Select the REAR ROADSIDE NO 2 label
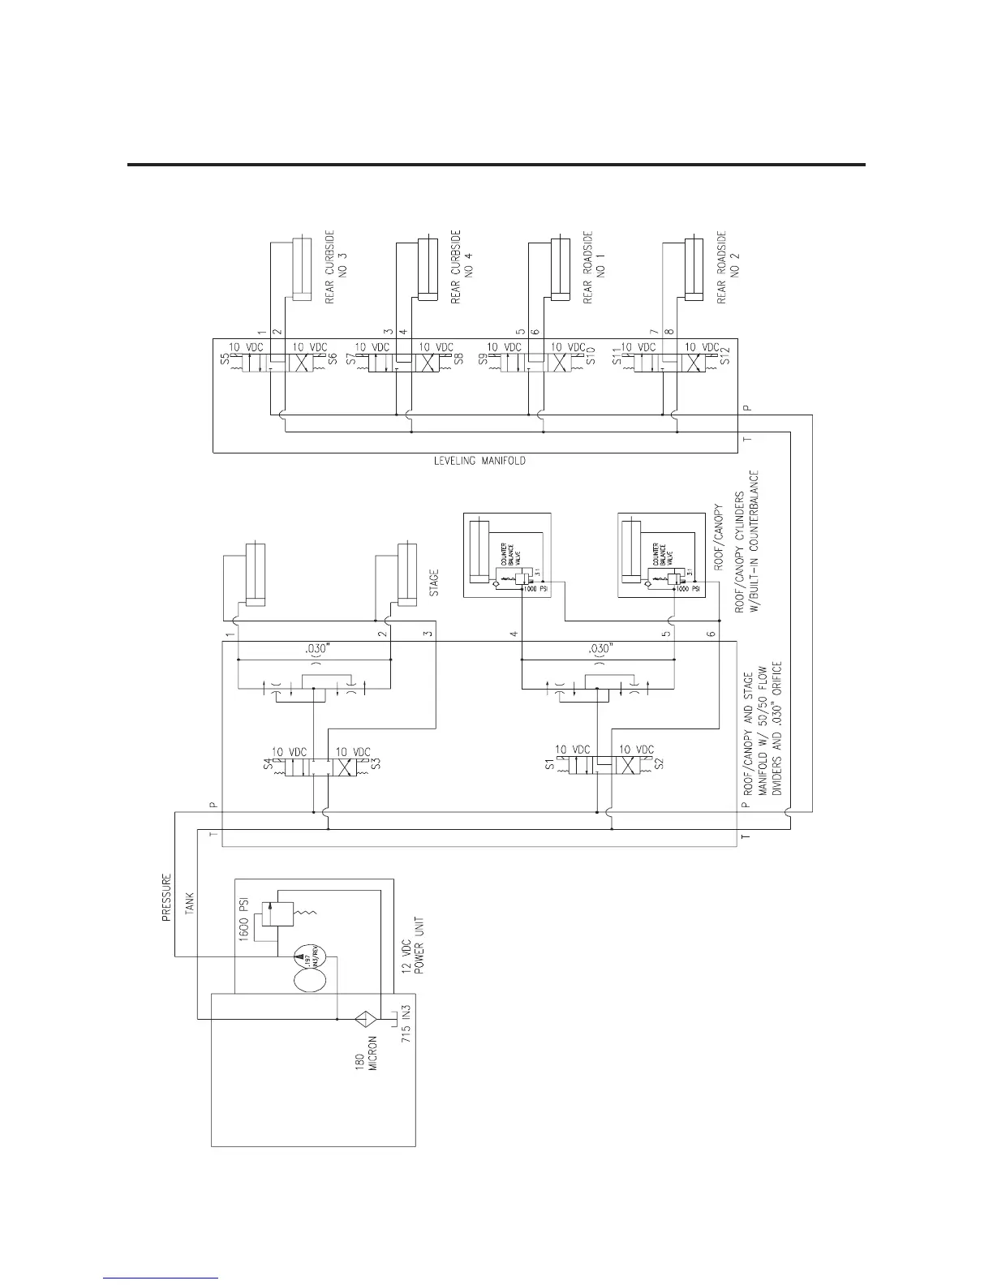pyautogui.click(x=728, y=268)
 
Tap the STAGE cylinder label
pyautogui.click(x=434, y=583)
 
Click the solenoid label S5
pyautogui.click(x=225, y=356)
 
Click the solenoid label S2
pyautogui.click(x=659, y=764)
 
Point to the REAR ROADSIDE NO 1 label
pyautogui.click(x=595, y=268)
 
